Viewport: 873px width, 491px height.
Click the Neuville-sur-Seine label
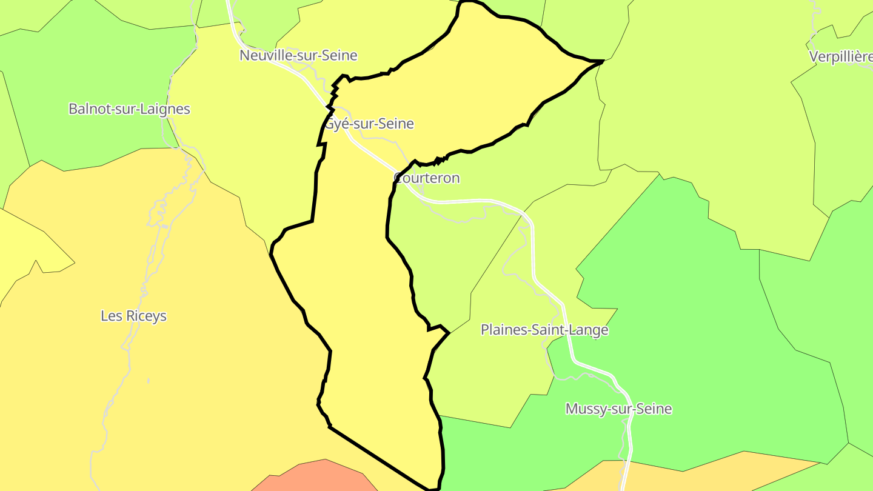point(298,56)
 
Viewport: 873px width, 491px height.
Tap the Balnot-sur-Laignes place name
point(129,109)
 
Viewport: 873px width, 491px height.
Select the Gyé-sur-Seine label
point(370,124)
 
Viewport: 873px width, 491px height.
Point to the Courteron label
point(427,178)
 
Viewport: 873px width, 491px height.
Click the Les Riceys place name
point(133,316)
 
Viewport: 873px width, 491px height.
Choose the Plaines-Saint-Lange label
point(544,330)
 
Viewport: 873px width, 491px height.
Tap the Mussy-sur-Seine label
point(618,409)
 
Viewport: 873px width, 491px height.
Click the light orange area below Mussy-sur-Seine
point(697,476)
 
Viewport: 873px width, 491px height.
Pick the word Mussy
point(583,409)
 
